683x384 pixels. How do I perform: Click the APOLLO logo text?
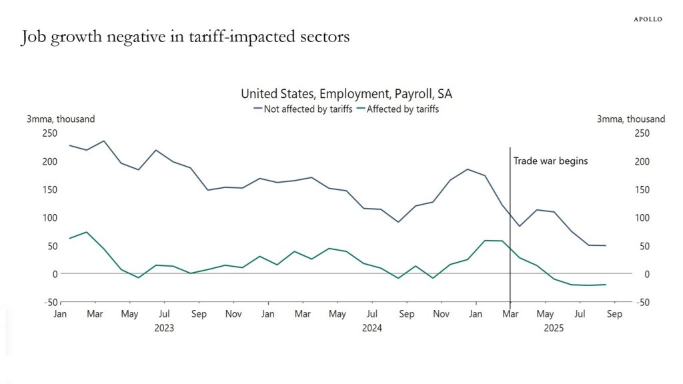click(647, 19)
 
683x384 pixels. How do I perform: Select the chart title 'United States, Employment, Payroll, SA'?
click(346, 94)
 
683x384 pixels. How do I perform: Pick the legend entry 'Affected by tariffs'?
click(399, 109)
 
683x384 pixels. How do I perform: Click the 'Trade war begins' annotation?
click(550, 161)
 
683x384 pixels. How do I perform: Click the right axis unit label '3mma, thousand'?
click(630, 119)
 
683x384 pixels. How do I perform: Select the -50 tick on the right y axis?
click(641, 302)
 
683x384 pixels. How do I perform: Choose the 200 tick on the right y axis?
click(641, 161)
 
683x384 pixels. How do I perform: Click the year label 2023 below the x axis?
click(164, 328)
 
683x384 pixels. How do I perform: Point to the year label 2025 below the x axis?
click(554, 328)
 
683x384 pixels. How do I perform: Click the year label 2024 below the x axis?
click(372, 328)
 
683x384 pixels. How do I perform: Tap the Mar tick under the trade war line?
click(510, 314)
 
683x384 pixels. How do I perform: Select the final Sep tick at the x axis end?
click(614, 314)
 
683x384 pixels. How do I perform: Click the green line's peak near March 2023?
click(87, 232)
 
